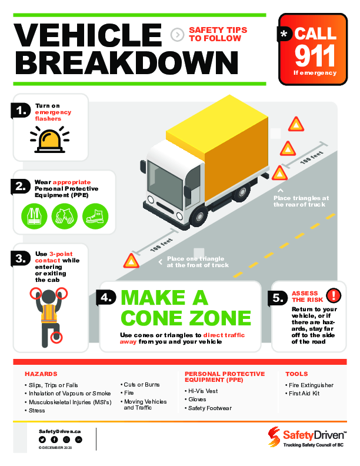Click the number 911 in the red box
tap(315, 56)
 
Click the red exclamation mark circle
tap(334, 295)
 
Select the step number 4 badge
tap(106, 298)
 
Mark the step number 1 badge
tap(21, 111)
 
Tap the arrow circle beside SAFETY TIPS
tap(176, 35)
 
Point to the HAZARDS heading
tap(41, 374)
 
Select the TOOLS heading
tap(296, 374)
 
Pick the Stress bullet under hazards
tap(38, 411)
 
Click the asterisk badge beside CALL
tap(284, 35)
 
